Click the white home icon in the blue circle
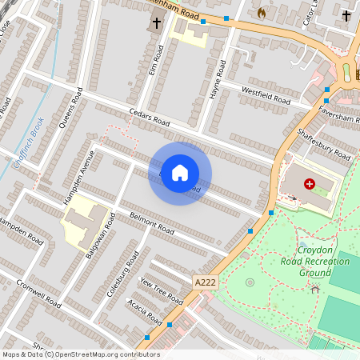180,173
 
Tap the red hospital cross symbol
309,184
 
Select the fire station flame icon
261,13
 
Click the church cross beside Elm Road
155,23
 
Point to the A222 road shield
204,282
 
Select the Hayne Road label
215,81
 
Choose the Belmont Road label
152,223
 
